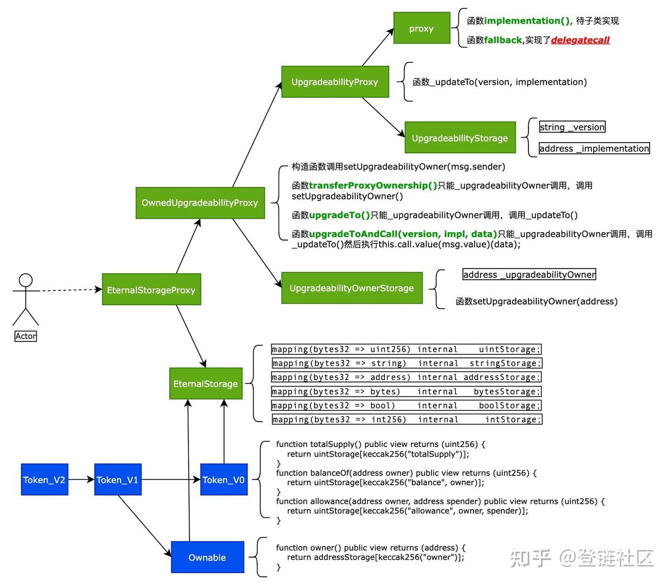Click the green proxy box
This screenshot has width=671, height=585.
422,28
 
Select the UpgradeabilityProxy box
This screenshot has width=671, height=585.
335,82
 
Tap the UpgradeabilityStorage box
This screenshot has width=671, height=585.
460,138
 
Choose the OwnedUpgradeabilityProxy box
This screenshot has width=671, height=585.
200,203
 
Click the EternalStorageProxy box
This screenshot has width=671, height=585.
151,290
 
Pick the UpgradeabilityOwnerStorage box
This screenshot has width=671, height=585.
352,288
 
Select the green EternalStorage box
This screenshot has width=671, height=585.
205,384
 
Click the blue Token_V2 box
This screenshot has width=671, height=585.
44,480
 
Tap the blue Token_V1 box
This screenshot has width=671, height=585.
117,480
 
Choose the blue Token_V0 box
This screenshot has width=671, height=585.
224,480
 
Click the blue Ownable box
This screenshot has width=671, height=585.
207,557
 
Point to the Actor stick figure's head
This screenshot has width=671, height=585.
26,280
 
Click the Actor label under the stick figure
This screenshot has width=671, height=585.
26,336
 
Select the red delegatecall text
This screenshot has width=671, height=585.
580,40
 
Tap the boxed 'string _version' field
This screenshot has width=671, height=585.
572,127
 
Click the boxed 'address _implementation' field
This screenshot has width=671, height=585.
594,148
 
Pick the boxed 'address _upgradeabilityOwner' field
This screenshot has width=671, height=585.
529,275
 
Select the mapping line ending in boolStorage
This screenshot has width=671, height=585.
406,406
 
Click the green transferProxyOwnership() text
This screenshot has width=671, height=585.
373,186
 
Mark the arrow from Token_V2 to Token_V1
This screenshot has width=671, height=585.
82,480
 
